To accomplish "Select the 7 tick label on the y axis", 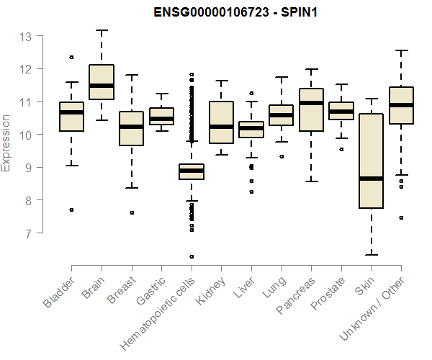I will pyautogui.click(x=27, y=233).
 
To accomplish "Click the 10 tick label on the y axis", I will pyautogui.click(x=24, y=135).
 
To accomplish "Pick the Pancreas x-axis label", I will pyautogui.click(x=295, y=295).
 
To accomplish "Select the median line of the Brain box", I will pyautogui.click(x=102, y=86).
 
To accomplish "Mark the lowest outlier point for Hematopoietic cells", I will pyautogui.click(x=192, y=256).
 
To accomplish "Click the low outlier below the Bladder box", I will pyautogui.click(x=71, y=210).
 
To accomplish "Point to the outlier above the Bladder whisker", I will pyautogui.click(x=71, y=57).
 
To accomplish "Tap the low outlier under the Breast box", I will pyautogui.click(x=132, y=212).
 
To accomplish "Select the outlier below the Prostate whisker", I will pyautogui.click(x=341, y=149).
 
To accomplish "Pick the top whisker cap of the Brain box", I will pyautogui.click(x=102, y=30).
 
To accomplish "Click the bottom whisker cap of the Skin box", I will pyautogui.click(x=371, y=254).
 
